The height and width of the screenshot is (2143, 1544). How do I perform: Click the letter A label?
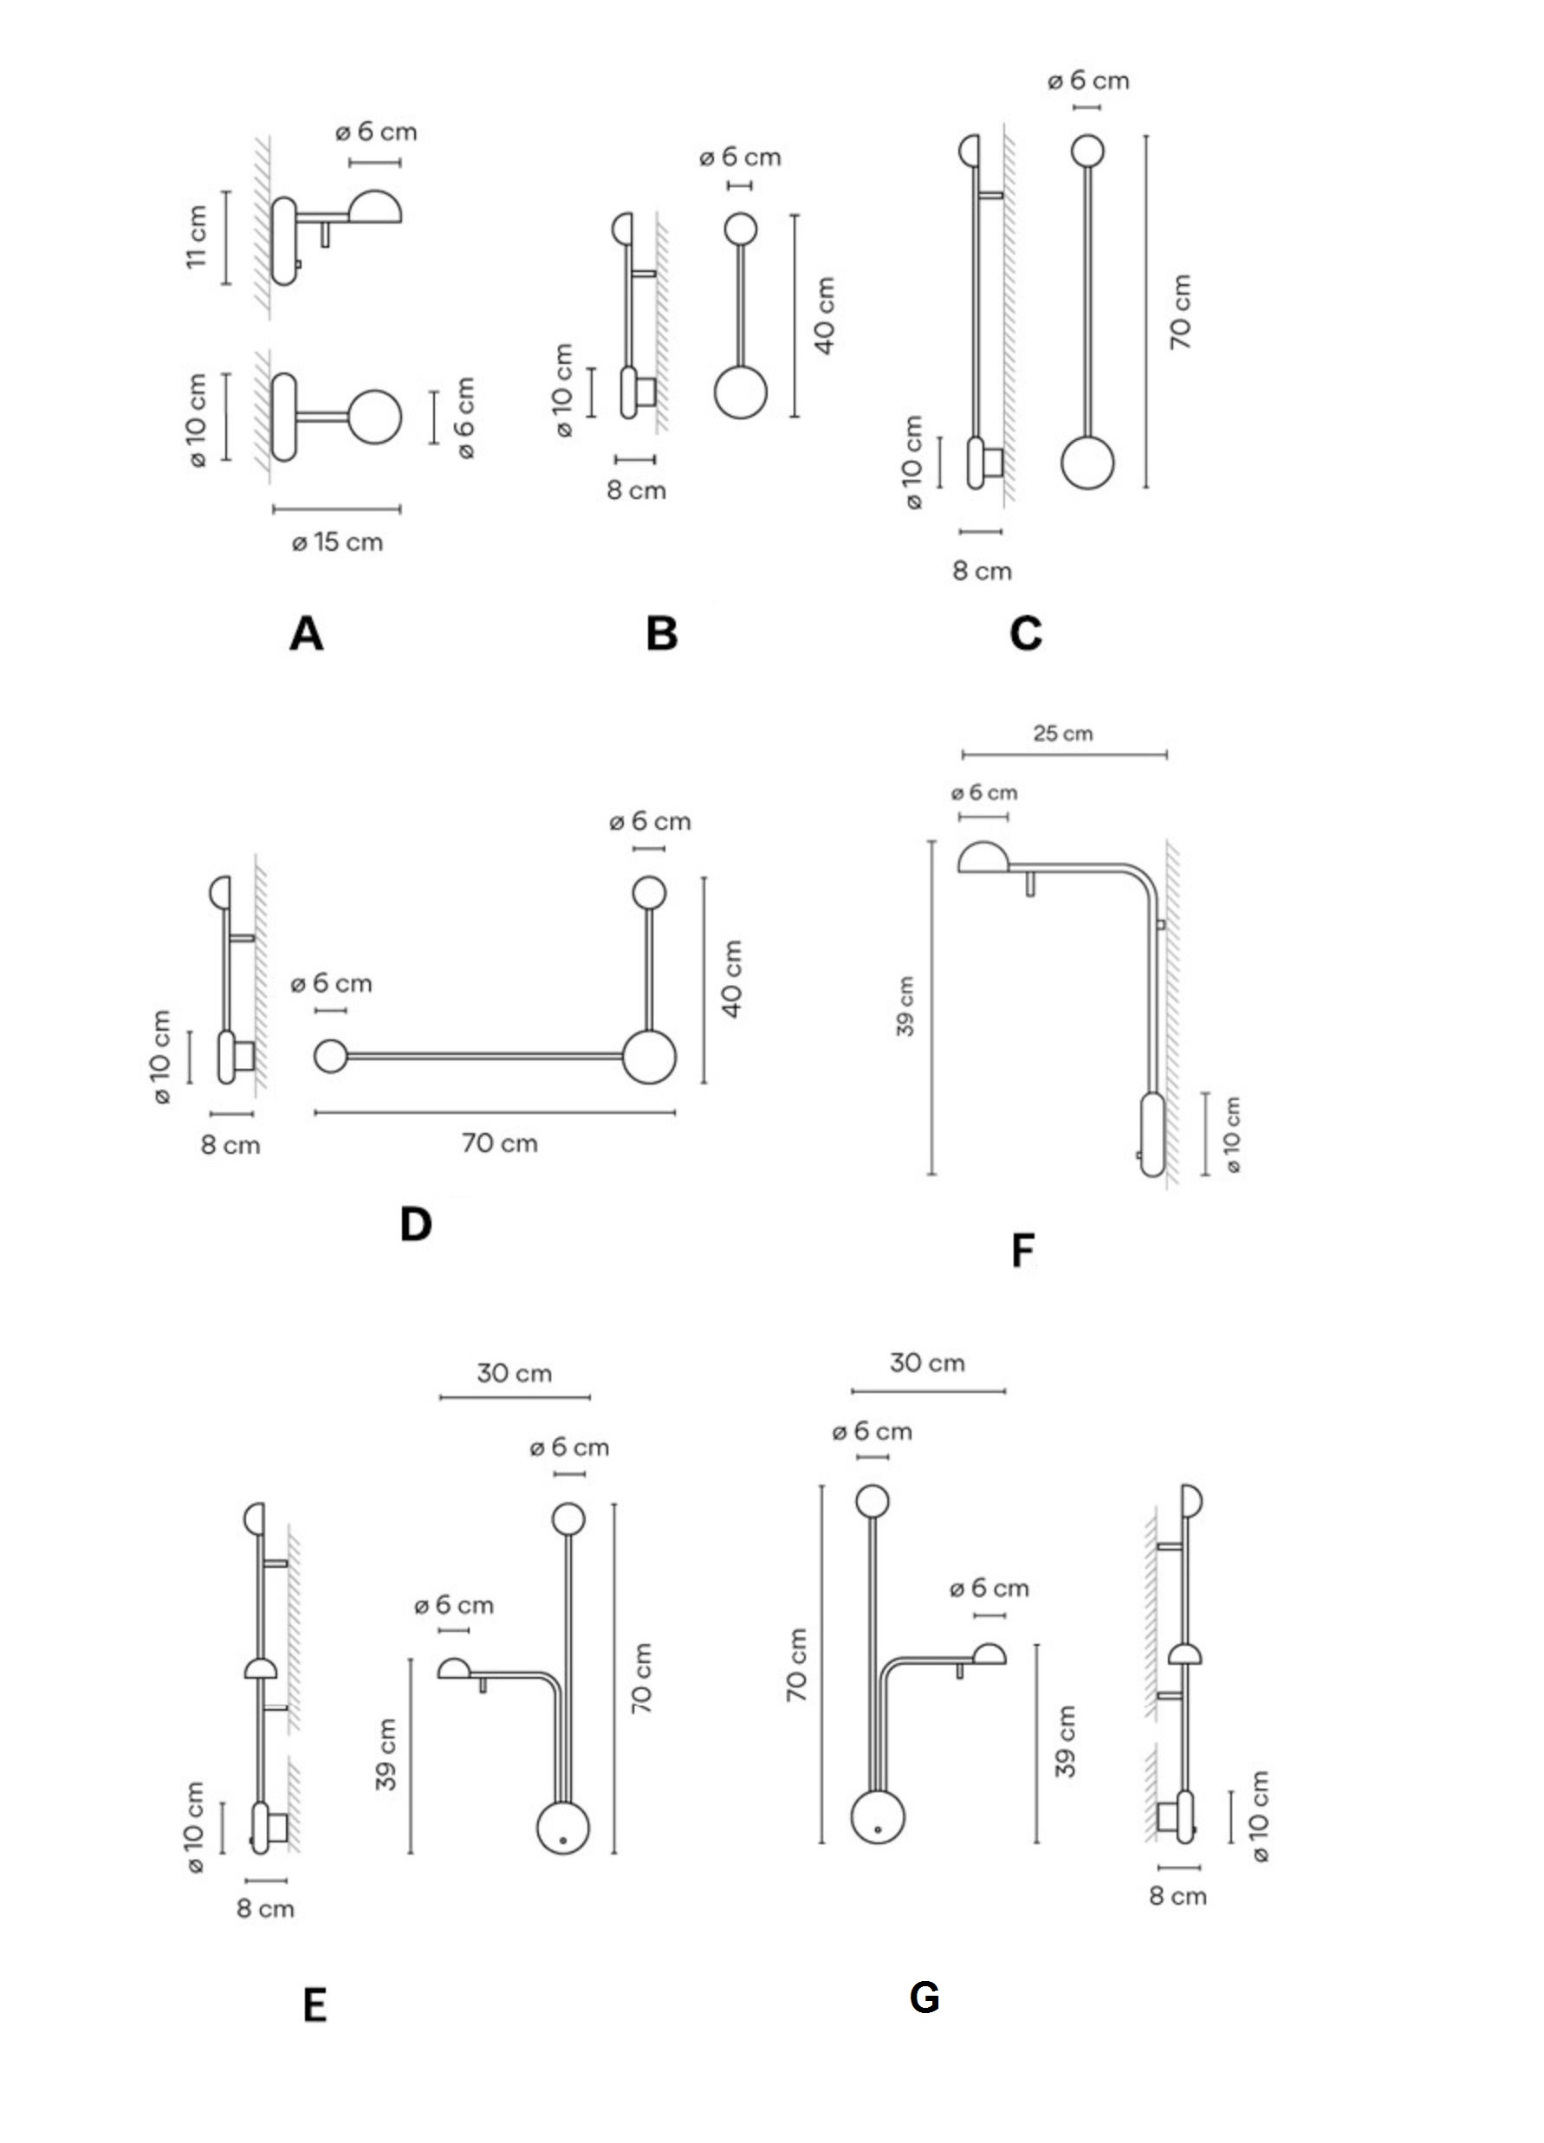tap(306, 633)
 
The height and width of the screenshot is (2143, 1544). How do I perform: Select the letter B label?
tap(661, 633)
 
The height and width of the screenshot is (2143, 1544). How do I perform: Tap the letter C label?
tap(1025, 633)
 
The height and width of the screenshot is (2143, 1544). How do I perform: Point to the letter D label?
tap(416, 1225)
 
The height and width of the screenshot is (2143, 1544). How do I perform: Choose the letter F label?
tap(1022, 1250)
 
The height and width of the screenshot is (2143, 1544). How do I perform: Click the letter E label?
tap(315, 2004)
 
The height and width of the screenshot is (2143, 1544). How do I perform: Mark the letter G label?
tap(924, 1997)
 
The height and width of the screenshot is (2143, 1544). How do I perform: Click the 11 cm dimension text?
tap(196, 236)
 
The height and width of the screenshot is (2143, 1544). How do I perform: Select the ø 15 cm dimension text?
tap(337, 542)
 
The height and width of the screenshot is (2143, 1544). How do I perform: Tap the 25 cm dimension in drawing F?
tap(1063, 733)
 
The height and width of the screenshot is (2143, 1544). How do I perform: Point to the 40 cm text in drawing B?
tap(825, 315)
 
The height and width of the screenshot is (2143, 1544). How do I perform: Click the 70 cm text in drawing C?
tap(1181, 312)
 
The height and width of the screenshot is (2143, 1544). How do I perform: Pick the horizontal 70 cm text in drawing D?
tap(500, 1143)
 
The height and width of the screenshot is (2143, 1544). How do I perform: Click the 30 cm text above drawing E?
tap(514, 1373)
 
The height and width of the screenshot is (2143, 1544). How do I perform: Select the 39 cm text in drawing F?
tap(905, 1007)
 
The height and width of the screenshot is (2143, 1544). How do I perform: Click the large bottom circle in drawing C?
tap(1087, 462)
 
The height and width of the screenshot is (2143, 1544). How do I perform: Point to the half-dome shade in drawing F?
tap(983, 858)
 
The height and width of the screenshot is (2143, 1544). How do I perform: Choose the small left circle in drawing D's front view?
tap(331, 1055)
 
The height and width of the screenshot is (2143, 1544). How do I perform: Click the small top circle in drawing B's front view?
tap(740, 230)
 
